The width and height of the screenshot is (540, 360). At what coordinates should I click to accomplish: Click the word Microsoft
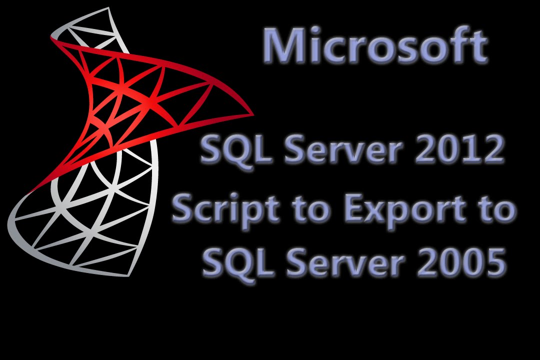click(375, 46)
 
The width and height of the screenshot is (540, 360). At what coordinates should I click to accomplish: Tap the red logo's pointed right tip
click(252, 114)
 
